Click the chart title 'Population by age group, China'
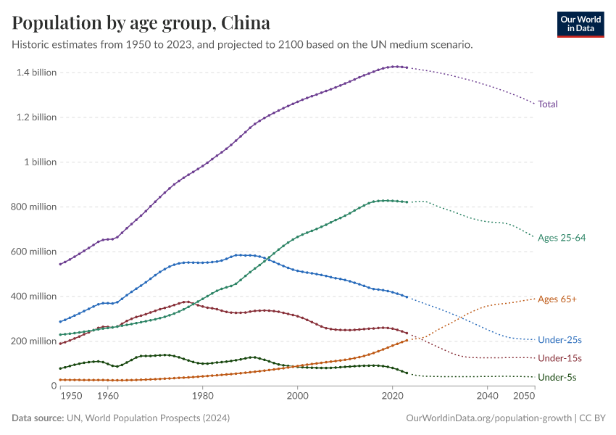pyautogui.click(x=141, y=23)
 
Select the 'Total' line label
pyautogui.click(x=548, y=104)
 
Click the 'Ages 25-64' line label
pyautogui.click(x=562, y=238)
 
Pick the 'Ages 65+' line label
pyautogui.click(x=557, y=299)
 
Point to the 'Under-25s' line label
pyautogui.click(x=559, y=339)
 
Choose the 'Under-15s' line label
pyautogui.click(x=559, y=358)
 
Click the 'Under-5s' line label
pyautogui.click(x=557, y=377)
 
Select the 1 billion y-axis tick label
pyautogui.click(x=40, y=162)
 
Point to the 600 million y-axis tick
pyautogui.click(x=33, y=252)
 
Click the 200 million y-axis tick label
pyautogui.click(x=33, y=341)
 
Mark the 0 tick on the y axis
pyautogui.click(x=53, y=386)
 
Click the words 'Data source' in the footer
pyautogui.click(x=36, y=418)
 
